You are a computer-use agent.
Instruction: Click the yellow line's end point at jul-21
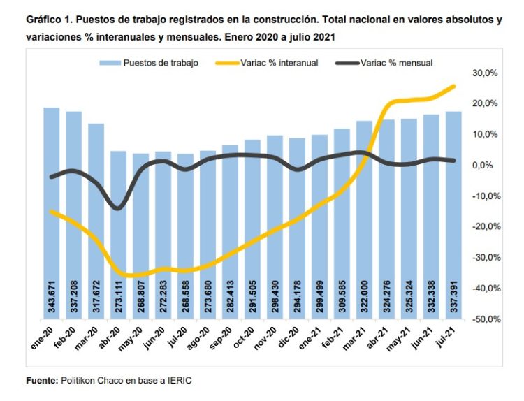454,86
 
